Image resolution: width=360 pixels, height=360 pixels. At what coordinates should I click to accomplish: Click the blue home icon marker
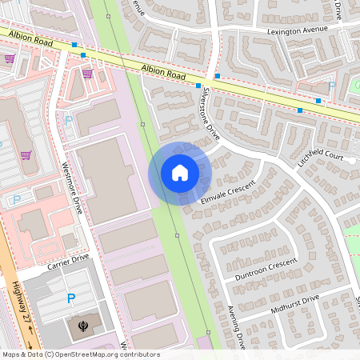point(179,173)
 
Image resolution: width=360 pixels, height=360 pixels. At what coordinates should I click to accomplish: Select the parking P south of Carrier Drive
point(71,299)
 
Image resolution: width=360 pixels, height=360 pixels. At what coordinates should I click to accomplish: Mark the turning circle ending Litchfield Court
point(351,158)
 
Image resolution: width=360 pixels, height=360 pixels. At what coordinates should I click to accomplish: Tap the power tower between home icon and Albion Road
point(143,124)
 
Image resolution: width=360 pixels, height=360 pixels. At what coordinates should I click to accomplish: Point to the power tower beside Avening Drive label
point(207,331)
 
